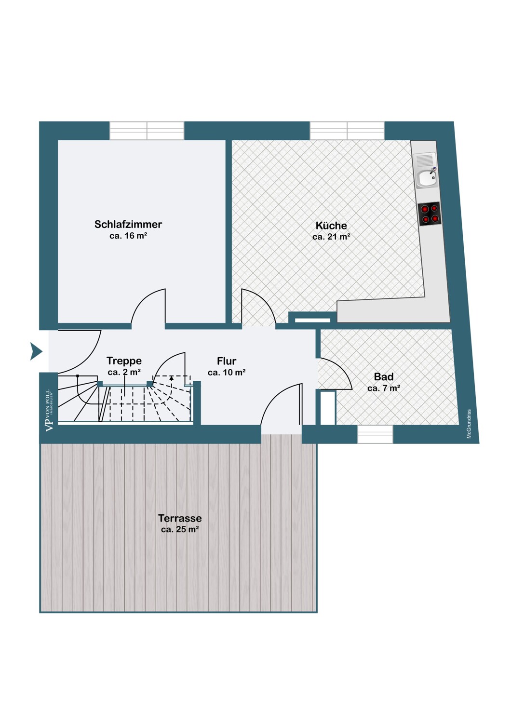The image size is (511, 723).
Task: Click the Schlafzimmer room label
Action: [128, 224]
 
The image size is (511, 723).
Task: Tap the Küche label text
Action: [331, 225]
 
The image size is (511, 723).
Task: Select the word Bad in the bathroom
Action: [384, 376]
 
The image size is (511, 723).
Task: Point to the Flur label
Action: [227, 361]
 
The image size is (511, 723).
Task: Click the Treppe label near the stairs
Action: [124, 361]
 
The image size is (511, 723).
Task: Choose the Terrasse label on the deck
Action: [180, 518]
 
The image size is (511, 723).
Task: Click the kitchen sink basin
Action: [426, 178]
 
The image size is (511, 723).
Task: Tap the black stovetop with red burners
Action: [429, 214]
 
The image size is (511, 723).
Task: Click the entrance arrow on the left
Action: [36, 351]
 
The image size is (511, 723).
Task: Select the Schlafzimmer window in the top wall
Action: [147, 131]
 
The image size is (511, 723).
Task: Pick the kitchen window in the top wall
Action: [348, 131]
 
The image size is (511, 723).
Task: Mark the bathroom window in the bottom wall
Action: [375, 434]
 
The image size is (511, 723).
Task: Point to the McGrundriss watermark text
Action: [469, 424]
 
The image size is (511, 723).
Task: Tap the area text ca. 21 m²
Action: [331, 237]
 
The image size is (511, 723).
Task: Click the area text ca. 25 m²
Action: [180, 529]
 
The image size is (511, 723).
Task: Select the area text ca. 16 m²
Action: [128, 236]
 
